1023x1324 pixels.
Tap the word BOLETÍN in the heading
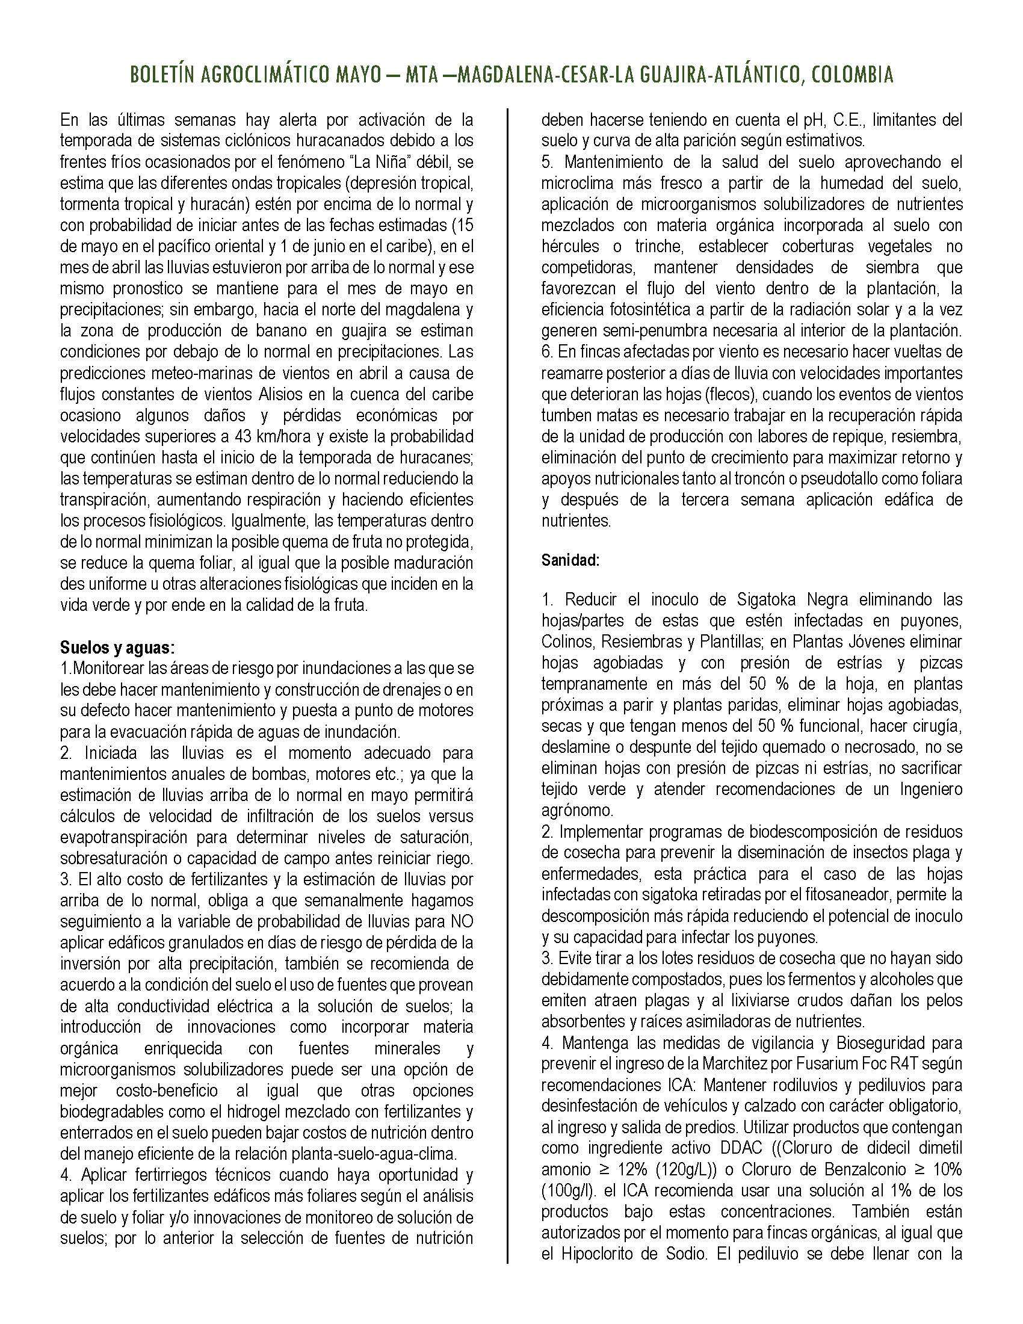pos(161,75)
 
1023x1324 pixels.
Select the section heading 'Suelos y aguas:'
pos(117,648)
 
